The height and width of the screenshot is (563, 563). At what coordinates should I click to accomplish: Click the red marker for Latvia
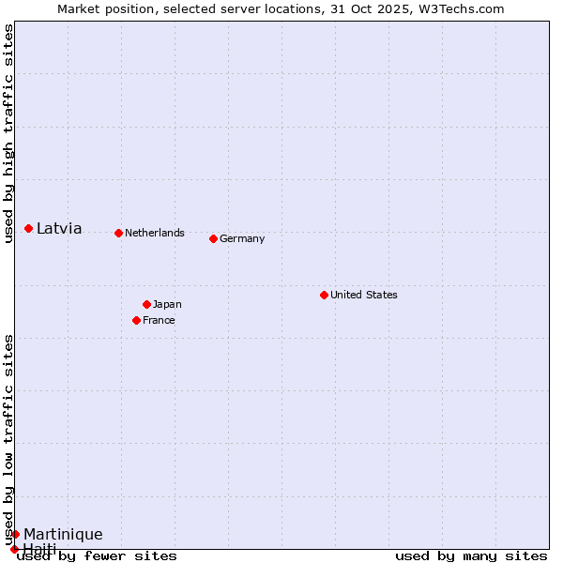click(29, 228)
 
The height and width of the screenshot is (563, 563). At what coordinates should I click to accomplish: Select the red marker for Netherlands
click(118, 233)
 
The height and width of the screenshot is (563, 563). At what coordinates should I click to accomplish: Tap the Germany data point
click(213, 238)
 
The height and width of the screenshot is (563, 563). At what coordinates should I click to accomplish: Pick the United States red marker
click(324, 295)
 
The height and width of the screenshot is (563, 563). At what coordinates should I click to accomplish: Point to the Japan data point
click(146, 304)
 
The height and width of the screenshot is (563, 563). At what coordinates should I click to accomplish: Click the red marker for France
click(136, 320)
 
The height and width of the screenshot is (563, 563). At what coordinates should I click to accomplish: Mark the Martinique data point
click(15, 534)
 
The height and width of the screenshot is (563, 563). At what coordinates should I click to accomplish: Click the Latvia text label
click(59, 228)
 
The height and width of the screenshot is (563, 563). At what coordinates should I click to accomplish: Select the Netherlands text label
click(155, 233)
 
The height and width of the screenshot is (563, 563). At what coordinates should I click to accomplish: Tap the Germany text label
click(242, 238)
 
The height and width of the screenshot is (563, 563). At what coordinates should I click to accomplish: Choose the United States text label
click(364, 295)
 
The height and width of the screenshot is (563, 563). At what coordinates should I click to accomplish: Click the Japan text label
click(167, 304)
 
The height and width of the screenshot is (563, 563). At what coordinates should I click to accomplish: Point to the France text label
click(159, 320)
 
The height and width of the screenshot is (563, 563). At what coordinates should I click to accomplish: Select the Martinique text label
click(63, 534)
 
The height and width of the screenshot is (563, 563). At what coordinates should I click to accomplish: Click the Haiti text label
click(40, 548)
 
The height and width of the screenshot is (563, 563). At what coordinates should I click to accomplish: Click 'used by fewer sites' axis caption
click(97, 555)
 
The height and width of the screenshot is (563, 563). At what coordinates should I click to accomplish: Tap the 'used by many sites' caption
click(471, 555)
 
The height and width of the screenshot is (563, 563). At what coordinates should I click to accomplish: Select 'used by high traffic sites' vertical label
click(9, 133)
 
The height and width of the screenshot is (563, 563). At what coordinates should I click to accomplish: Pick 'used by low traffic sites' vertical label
click(9, 439)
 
